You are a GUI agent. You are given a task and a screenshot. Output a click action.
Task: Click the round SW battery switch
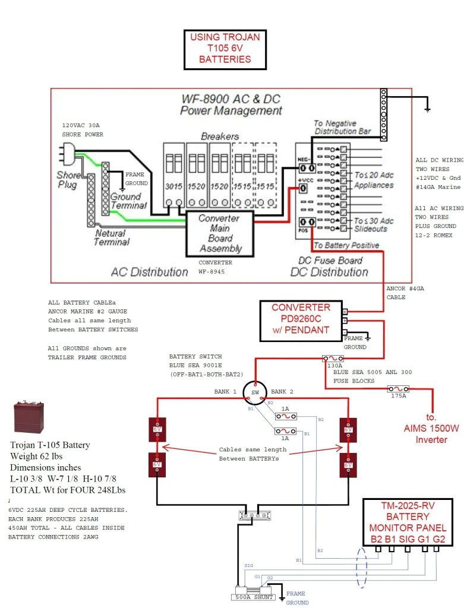[x=254, y=392]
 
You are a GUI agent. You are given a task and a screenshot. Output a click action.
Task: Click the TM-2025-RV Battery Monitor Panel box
[x=408, y=522]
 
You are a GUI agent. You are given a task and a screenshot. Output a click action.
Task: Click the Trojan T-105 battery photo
[x=28, y=418]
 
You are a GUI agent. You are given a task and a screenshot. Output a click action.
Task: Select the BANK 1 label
[x=225, y=392]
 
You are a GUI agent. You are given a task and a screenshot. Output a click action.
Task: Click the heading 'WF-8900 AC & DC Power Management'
[x=231, y=104]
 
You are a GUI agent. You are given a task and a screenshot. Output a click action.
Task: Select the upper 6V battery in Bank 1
[x=157, y=429]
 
